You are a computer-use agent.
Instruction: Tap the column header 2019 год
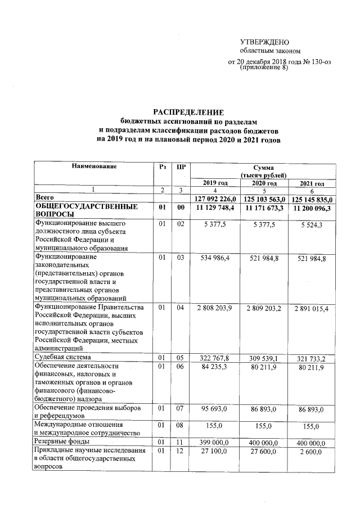(x=216, y=183)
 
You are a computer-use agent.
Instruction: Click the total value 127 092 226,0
(x=216, y=199)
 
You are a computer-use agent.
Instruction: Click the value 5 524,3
(x=312, y=224)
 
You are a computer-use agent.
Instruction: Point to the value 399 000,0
(x=216, y=443)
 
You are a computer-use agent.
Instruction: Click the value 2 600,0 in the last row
(x=312, y=452)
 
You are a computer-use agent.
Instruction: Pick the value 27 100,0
(x=216, y=452)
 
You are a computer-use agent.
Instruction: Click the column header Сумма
(x=264, y=167)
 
